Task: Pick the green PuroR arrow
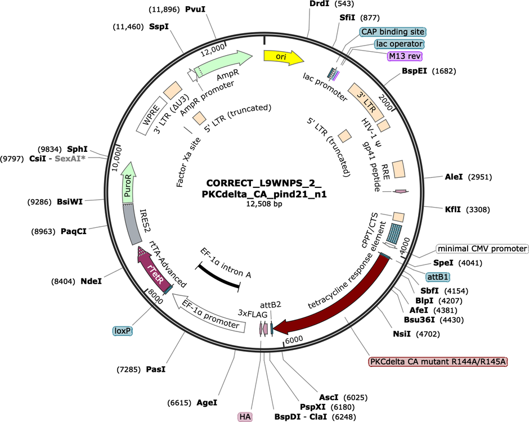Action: click(x=128, y=183)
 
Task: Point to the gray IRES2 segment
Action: click(x=130, y=225)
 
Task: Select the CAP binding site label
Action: click(x=393, y=32)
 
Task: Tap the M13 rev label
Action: click(x=405, y=56)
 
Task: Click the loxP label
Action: click(x=123, y=331)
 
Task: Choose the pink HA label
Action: click(x=245, y=417)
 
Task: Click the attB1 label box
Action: click(x=438, y=277)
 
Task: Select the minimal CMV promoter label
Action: click(x=482, y=249)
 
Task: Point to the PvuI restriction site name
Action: click(x=195, y=9)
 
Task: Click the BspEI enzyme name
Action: click(x=414, y=71)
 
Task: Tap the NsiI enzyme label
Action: click(x=402, y=334)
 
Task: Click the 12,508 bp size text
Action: click(x=264, y=204)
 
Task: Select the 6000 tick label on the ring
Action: click(x=294, y=339)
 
